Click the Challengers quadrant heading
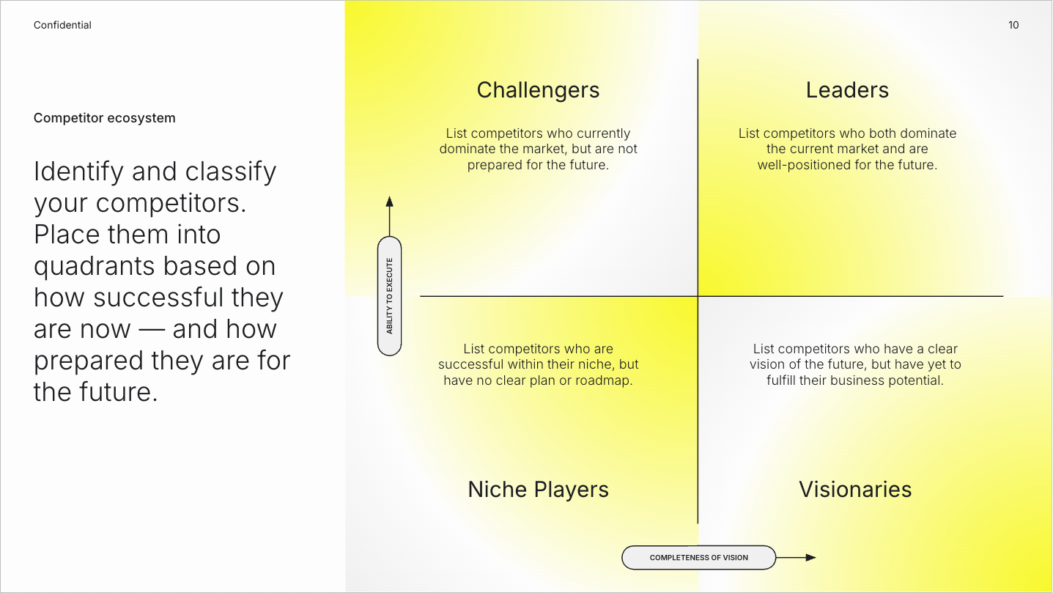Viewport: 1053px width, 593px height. (538, 90)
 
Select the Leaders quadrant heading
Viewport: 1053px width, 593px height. (847, 90)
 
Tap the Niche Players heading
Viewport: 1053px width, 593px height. (538, 490)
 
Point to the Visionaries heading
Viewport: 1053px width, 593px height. (855, 490)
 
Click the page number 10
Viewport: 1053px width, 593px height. (1013, 25)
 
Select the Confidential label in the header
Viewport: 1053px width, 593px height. (62, 25)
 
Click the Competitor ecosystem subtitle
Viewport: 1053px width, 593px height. (105, 118)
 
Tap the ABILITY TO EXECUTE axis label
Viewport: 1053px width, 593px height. (389, 296)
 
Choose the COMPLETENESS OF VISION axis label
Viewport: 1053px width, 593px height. (698, 558)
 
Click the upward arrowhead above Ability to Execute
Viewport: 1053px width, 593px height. (389, 202)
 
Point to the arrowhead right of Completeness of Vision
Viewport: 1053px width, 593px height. (810, 558)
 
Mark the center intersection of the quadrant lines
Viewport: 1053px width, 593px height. (698, 296)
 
